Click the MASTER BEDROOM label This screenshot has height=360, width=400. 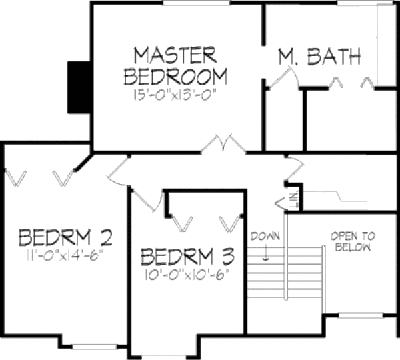[175, 65]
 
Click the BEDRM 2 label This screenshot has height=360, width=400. [65, 237]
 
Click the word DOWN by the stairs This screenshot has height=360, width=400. [265, 237]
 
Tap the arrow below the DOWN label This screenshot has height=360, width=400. [265, 253]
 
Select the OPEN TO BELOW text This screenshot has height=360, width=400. [353, 241]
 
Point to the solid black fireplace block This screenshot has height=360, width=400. [79, 87]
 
